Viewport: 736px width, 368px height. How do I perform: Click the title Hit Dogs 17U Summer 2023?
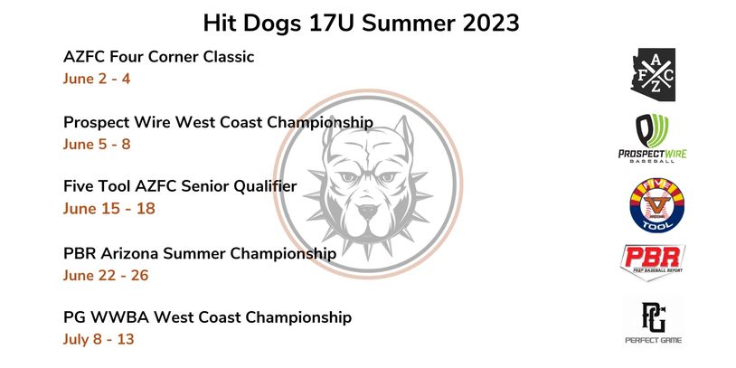[x=361, y=23]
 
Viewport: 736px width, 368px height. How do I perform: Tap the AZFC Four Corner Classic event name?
[x=158, y=57]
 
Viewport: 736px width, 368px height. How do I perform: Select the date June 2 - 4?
[x=97, y=79]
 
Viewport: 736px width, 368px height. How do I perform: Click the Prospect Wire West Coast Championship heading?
[x=218, y=122]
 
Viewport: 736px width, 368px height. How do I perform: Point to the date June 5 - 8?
[x=97, y=144]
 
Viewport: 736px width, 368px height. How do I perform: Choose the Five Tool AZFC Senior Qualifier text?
[x=180, y=186]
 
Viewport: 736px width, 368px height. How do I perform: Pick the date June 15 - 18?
[x=109, y=208]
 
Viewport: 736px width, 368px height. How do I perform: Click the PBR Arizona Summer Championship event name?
[x=200, y=253]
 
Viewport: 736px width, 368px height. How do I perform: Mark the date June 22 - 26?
[x=106, y=275]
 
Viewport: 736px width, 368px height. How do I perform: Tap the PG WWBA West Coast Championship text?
[x=207, y=317]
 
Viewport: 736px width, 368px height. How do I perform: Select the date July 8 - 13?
[x=99, y=339]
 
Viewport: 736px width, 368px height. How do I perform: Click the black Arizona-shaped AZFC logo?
[x=654, y=74]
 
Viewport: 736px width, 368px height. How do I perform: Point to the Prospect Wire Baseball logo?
[x=653, y=138]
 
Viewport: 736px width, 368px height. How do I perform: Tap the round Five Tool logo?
[x=656, y=205]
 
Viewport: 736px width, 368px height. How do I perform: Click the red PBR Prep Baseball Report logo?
[x=653, y=261]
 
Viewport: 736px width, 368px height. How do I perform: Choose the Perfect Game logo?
[x=654, y=323]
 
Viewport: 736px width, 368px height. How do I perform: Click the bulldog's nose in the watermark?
[x=368, y=211]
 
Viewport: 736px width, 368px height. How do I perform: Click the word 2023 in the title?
[x=491, y=23]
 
